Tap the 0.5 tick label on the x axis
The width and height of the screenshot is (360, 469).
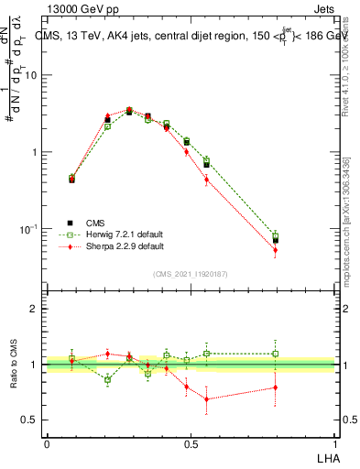pyautogui.click(x=191, y=443)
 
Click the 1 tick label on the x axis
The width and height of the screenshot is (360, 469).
pyautogui.click(x=334, y=443)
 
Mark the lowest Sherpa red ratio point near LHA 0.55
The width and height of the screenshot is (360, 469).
pyautogui.click(x=207, y=398)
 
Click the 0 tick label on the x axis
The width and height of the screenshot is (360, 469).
pyautogui.click(x=47, y=443)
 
